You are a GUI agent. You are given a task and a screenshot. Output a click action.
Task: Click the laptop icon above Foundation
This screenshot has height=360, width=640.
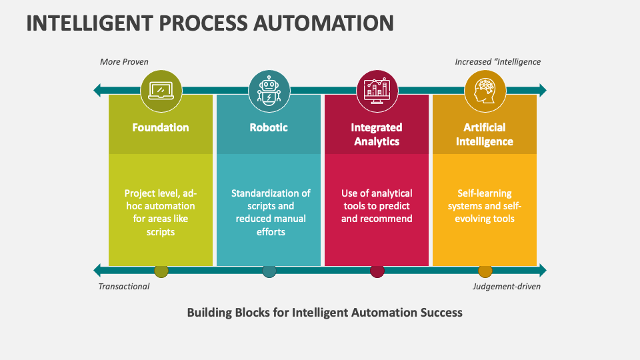coord(161,90)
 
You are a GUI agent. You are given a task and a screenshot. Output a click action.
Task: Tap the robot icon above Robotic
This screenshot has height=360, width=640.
coord(269,90)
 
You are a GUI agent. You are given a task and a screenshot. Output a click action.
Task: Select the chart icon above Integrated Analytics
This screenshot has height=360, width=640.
coord(377,90)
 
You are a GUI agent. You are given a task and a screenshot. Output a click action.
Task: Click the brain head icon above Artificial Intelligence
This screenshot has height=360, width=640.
coord(485,90)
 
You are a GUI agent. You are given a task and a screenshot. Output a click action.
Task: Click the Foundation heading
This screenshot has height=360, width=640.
coord(161,127)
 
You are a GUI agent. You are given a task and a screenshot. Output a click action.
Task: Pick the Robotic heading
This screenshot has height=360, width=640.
coord(269,127)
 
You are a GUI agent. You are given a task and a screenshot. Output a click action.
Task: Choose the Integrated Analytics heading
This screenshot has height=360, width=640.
coord(377,134)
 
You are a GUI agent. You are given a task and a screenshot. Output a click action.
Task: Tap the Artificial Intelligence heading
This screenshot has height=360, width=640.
coord(485,134)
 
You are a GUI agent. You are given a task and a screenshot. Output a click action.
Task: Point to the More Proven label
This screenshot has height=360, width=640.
coord(124,62)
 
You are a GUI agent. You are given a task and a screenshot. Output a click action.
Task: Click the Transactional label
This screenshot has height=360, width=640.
coord(124,287)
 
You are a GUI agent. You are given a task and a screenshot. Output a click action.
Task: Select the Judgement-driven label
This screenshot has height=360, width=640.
coord(507,287)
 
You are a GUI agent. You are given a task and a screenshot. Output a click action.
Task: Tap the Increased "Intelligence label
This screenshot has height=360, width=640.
coord(498,62)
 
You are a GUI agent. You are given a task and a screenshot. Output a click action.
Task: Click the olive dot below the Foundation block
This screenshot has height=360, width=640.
coord(161,271)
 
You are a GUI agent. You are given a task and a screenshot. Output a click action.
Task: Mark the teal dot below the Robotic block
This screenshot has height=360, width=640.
coord(269,271)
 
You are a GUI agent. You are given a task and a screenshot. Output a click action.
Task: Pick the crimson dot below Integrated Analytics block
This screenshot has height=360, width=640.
coord(377,271)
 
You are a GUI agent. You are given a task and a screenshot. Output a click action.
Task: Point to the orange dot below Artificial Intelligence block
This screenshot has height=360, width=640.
coord(485,271)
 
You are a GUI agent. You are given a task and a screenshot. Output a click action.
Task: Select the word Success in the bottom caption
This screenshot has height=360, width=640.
coord(440,312)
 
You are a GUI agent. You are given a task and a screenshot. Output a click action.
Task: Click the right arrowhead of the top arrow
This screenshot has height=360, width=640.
coord(542,90)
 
